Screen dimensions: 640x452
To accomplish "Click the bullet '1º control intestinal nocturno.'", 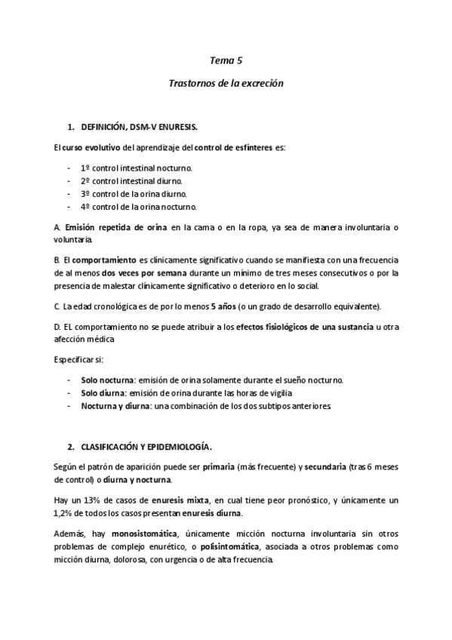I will click(136, 167).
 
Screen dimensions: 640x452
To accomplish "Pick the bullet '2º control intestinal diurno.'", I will click(131, 180).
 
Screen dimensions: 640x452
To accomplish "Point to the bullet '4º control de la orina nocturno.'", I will click(139, 206).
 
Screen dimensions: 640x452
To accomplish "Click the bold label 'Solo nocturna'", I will click(107, 380).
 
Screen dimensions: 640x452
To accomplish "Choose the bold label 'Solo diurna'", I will click(103, 392).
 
